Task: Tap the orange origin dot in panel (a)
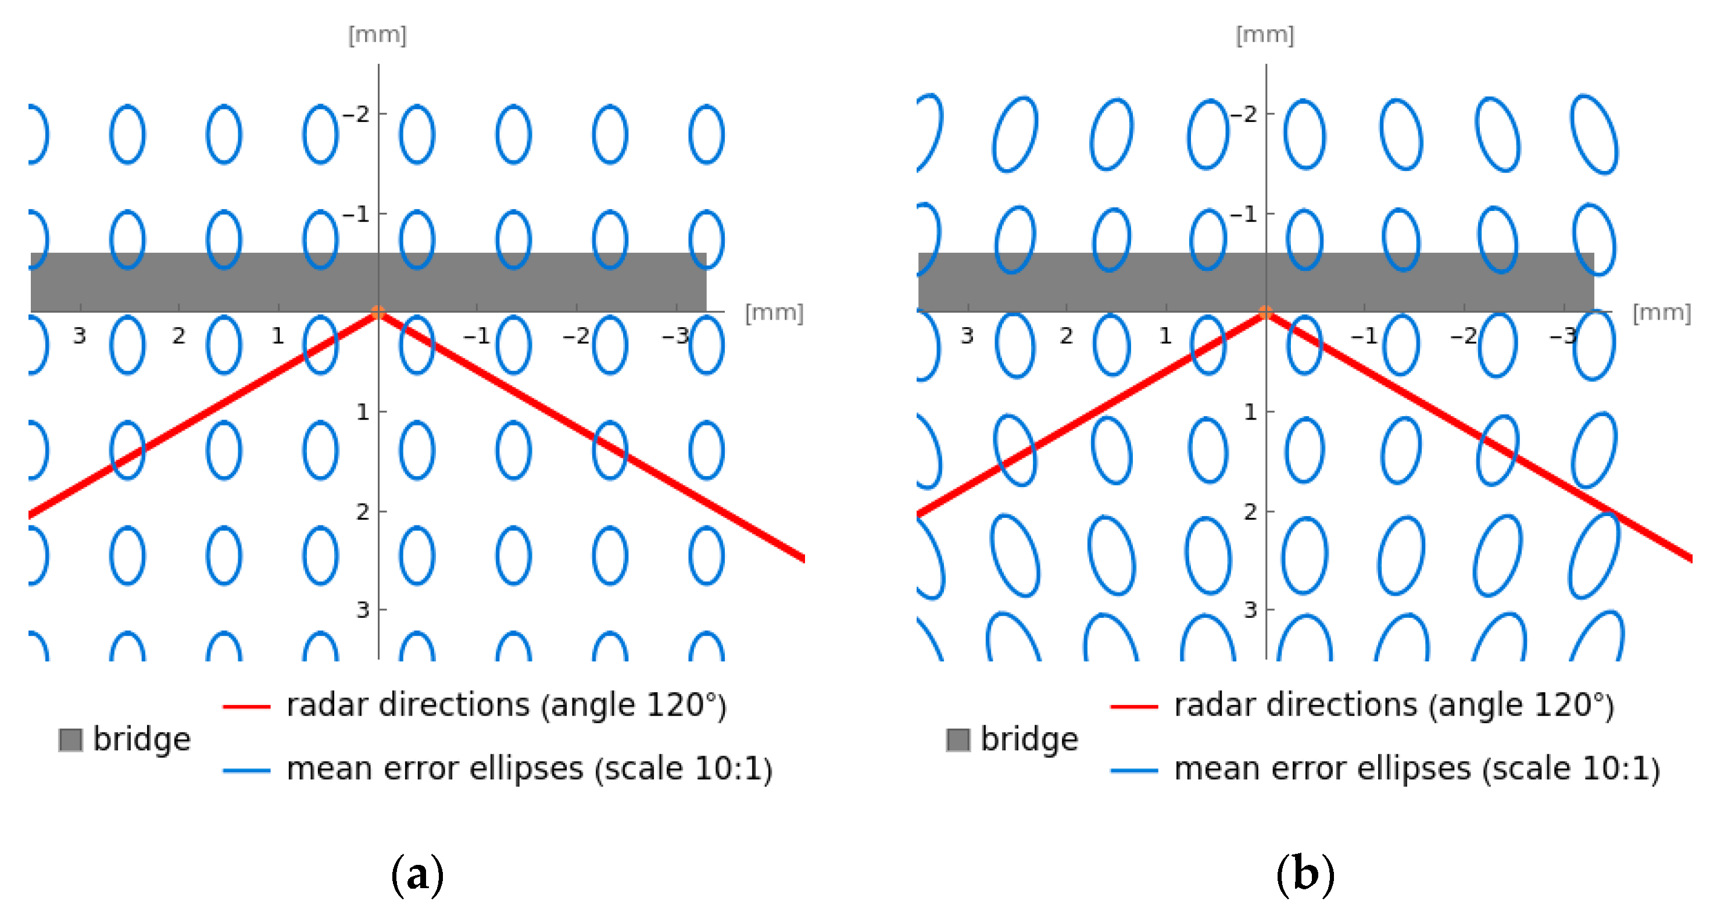[x=378, y=312]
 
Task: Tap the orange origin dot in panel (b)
[x=1266, y=312]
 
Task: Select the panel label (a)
[x=417, y=874]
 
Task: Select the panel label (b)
[x=1305, y=874]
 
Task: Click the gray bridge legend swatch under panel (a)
[x=71, y=740]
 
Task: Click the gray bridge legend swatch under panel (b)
[x=958, y=740]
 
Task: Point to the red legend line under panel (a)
[x=246, y=706]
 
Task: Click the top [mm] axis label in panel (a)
[x=377, y=35]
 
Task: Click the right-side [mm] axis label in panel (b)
[x=1662, y=313]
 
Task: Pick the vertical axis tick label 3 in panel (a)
[x=362, y=610]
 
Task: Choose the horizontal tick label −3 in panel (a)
[x=676, y=335]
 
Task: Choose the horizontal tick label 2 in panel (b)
[x=1067, y=335]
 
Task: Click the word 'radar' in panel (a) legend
[x=327, y=705]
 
